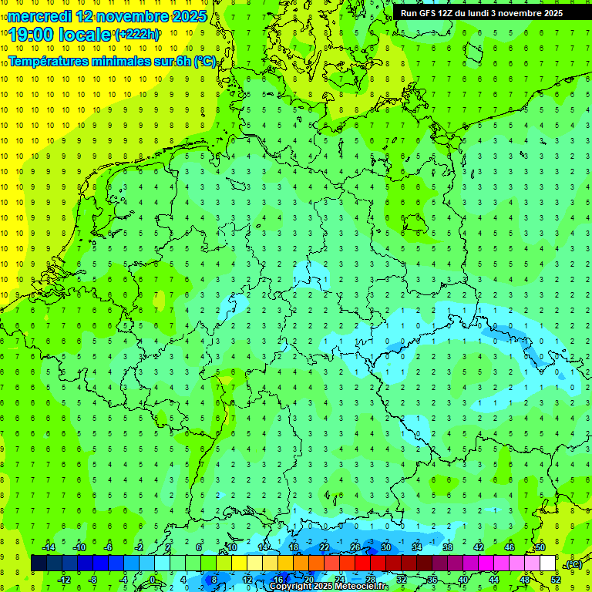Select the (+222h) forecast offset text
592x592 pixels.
[136, 35]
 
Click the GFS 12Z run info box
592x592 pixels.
[481, 13]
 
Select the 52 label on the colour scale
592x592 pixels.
[555, 579]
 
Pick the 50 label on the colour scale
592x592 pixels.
[540, 547]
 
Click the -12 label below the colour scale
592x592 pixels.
[64, 579]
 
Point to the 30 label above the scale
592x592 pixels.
[385, 547]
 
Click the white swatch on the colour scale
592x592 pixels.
[547, 563]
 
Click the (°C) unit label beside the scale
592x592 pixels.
[573, 564]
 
